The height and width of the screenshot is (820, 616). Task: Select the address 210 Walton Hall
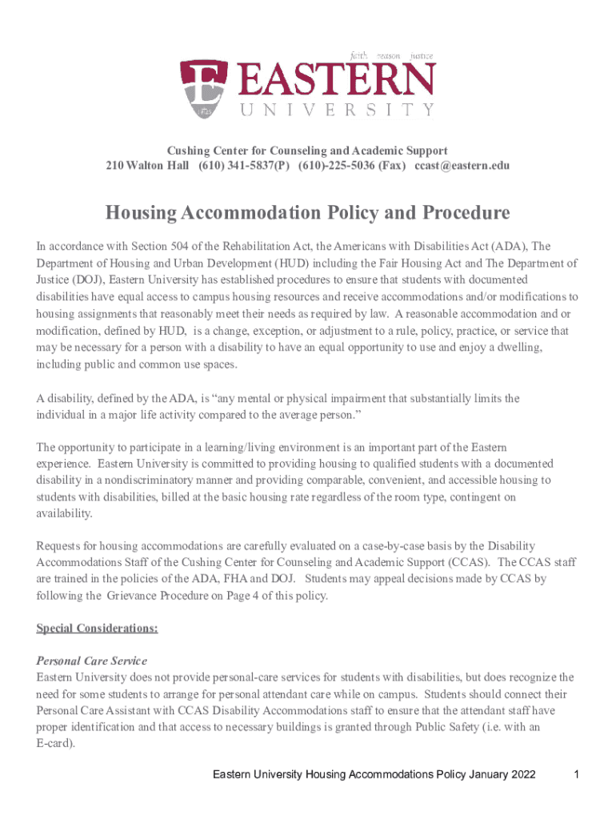147,166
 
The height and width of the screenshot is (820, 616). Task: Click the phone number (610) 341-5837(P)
245,166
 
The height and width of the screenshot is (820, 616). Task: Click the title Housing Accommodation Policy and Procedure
308,214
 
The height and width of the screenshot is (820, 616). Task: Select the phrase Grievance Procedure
154,596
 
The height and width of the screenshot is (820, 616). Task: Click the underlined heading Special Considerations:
97,629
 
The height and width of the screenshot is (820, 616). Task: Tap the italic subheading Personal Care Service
92,661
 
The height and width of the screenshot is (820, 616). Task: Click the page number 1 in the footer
576,775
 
